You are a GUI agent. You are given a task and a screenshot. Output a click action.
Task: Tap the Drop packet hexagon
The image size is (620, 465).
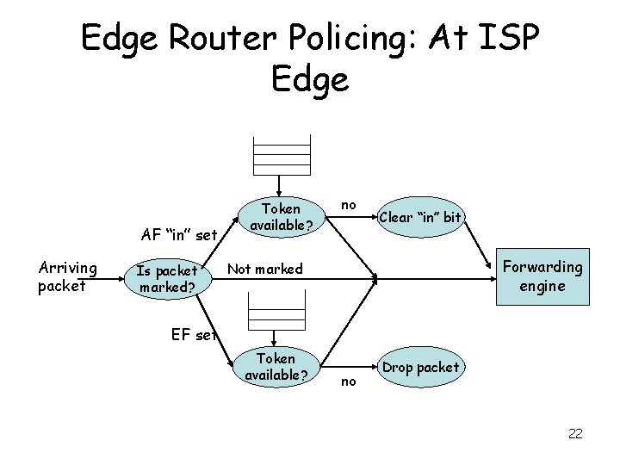coord(421,368)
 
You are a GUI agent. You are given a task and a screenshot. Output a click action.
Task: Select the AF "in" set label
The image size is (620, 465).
coord(178,233)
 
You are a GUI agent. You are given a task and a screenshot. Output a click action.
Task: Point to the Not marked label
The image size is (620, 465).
coord(264,270)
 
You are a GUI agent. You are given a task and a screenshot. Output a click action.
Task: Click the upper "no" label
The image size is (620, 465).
coord(348,205)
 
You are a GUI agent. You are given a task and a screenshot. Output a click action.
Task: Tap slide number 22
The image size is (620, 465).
coord(575,433)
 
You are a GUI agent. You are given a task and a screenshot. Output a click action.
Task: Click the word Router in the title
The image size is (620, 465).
coord(206,38)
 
